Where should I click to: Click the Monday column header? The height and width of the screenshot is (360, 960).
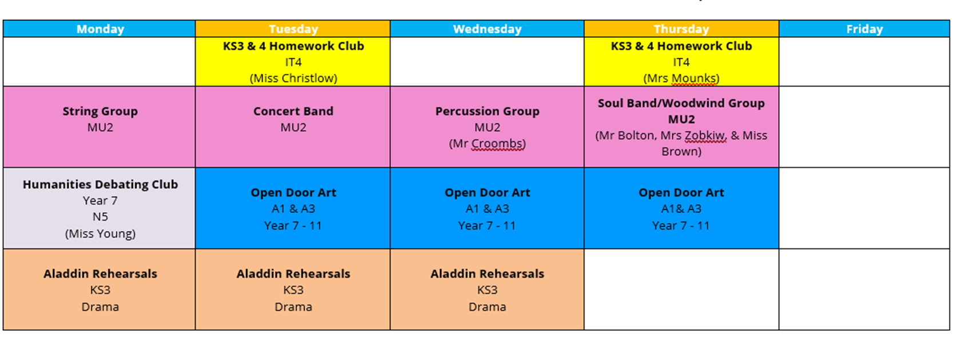[100, 29]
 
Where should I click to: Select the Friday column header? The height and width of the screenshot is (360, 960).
[864, 29]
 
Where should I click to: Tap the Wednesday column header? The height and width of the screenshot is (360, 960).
[487, 29]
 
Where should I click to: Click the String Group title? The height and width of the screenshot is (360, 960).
[100, 112]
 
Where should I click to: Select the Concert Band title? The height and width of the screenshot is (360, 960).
[293, 112]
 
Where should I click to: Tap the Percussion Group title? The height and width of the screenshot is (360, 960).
[487, 112]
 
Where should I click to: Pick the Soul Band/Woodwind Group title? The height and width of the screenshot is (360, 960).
[681, 103]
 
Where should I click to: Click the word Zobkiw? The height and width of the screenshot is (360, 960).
[705, 136]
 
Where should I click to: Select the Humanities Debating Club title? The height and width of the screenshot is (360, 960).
[100, 185]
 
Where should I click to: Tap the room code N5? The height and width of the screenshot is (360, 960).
[100, 217]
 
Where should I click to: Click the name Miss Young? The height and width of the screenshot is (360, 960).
[100, 234]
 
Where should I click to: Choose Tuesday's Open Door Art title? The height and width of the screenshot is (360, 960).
[293, 193]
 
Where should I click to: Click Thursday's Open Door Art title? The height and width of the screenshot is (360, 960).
[681, 193]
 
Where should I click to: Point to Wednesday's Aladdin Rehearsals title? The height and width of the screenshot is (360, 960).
[487, 274]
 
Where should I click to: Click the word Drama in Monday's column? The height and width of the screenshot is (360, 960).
[100, 307]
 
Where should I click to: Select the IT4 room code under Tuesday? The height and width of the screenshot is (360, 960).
[293, 62]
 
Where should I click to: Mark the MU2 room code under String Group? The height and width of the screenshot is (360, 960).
[100, 128]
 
